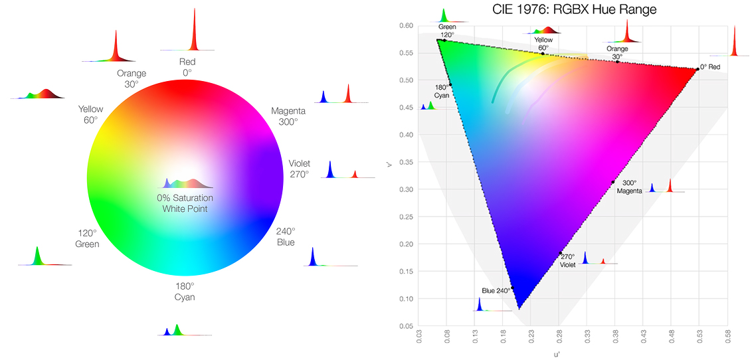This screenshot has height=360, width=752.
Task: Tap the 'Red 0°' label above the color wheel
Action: [187, 66]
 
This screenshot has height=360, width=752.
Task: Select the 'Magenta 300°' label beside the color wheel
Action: [288, 116]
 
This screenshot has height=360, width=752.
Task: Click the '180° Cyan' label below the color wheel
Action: [185, 292]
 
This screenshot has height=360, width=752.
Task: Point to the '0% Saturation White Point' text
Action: [185, 203]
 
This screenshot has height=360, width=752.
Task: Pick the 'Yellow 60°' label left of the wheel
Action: [90, 114]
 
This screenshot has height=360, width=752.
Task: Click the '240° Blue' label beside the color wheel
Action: [286, 236]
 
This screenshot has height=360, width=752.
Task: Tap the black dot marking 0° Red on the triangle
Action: [697, 68]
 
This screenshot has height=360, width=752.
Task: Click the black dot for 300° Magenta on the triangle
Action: [612, 182]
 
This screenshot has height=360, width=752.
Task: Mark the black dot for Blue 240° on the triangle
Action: [512, 288]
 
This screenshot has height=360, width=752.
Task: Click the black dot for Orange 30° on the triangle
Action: [617, 62]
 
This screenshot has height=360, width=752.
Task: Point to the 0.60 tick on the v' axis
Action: [406, 26]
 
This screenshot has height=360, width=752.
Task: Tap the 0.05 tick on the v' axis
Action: [406, 326]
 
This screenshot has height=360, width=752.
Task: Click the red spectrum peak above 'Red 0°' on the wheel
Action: [193, 30]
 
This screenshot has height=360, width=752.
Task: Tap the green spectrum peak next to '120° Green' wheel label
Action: [37, 255]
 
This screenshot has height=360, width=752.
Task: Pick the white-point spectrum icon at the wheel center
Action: [188, 182]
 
